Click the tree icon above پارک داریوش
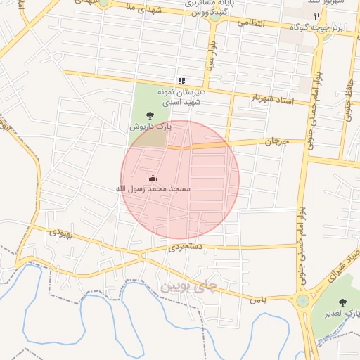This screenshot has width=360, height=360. (149, 115)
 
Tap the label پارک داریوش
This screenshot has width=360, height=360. (150, 127)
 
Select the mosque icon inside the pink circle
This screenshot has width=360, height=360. (153, 178)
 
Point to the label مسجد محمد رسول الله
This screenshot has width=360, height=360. (153, 189)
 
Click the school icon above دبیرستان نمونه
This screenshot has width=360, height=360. (181, 81)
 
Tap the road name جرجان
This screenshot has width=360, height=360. (276, 141)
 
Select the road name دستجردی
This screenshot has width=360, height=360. (186, 247)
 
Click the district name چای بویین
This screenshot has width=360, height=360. (189, 286)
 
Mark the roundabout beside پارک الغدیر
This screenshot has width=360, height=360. (303, 301)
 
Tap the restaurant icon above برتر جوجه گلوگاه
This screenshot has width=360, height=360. (316, 16)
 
